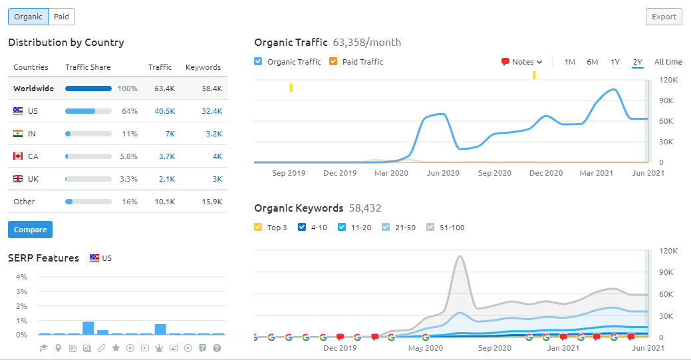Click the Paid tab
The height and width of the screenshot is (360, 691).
62,17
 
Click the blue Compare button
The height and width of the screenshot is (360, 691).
30,230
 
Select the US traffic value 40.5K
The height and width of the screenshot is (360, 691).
165,111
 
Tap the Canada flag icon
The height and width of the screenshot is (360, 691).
18,156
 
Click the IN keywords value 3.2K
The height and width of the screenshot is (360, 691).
214,134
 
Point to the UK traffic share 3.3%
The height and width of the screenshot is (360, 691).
128,179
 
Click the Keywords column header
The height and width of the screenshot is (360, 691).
203,67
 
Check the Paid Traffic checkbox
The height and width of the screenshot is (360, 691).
334,61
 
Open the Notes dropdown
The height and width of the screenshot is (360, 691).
522,62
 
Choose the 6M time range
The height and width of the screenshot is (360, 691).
593,62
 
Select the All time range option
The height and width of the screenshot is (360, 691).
668,62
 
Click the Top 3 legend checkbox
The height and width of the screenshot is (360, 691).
258,227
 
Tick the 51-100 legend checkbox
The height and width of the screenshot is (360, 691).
430,227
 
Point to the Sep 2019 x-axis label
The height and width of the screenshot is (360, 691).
289,173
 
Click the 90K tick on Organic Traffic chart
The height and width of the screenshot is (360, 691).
666,100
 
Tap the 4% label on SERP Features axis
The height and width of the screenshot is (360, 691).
21,277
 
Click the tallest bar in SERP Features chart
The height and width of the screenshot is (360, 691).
88,328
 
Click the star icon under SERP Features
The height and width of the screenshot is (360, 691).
116,348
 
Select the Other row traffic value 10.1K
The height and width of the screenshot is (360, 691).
165,202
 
